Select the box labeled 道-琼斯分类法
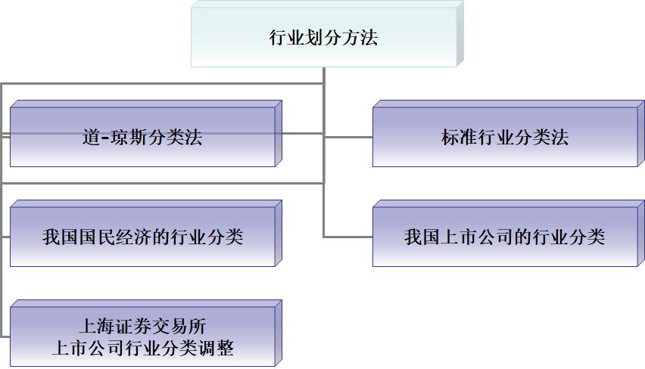pos(142,137)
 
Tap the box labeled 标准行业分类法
pos(504,137)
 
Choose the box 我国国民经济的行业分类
pos(142,237)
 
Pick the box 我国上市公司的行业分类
pos(504,237)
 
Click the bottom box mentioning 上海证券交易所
pos(142,337)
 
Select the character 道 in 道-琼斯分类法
pos(91,137)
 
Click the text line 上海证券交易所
pos(142,327)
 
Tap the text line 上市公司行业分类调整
pos(142,349)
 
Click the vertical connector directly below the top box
pos(324,76)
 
